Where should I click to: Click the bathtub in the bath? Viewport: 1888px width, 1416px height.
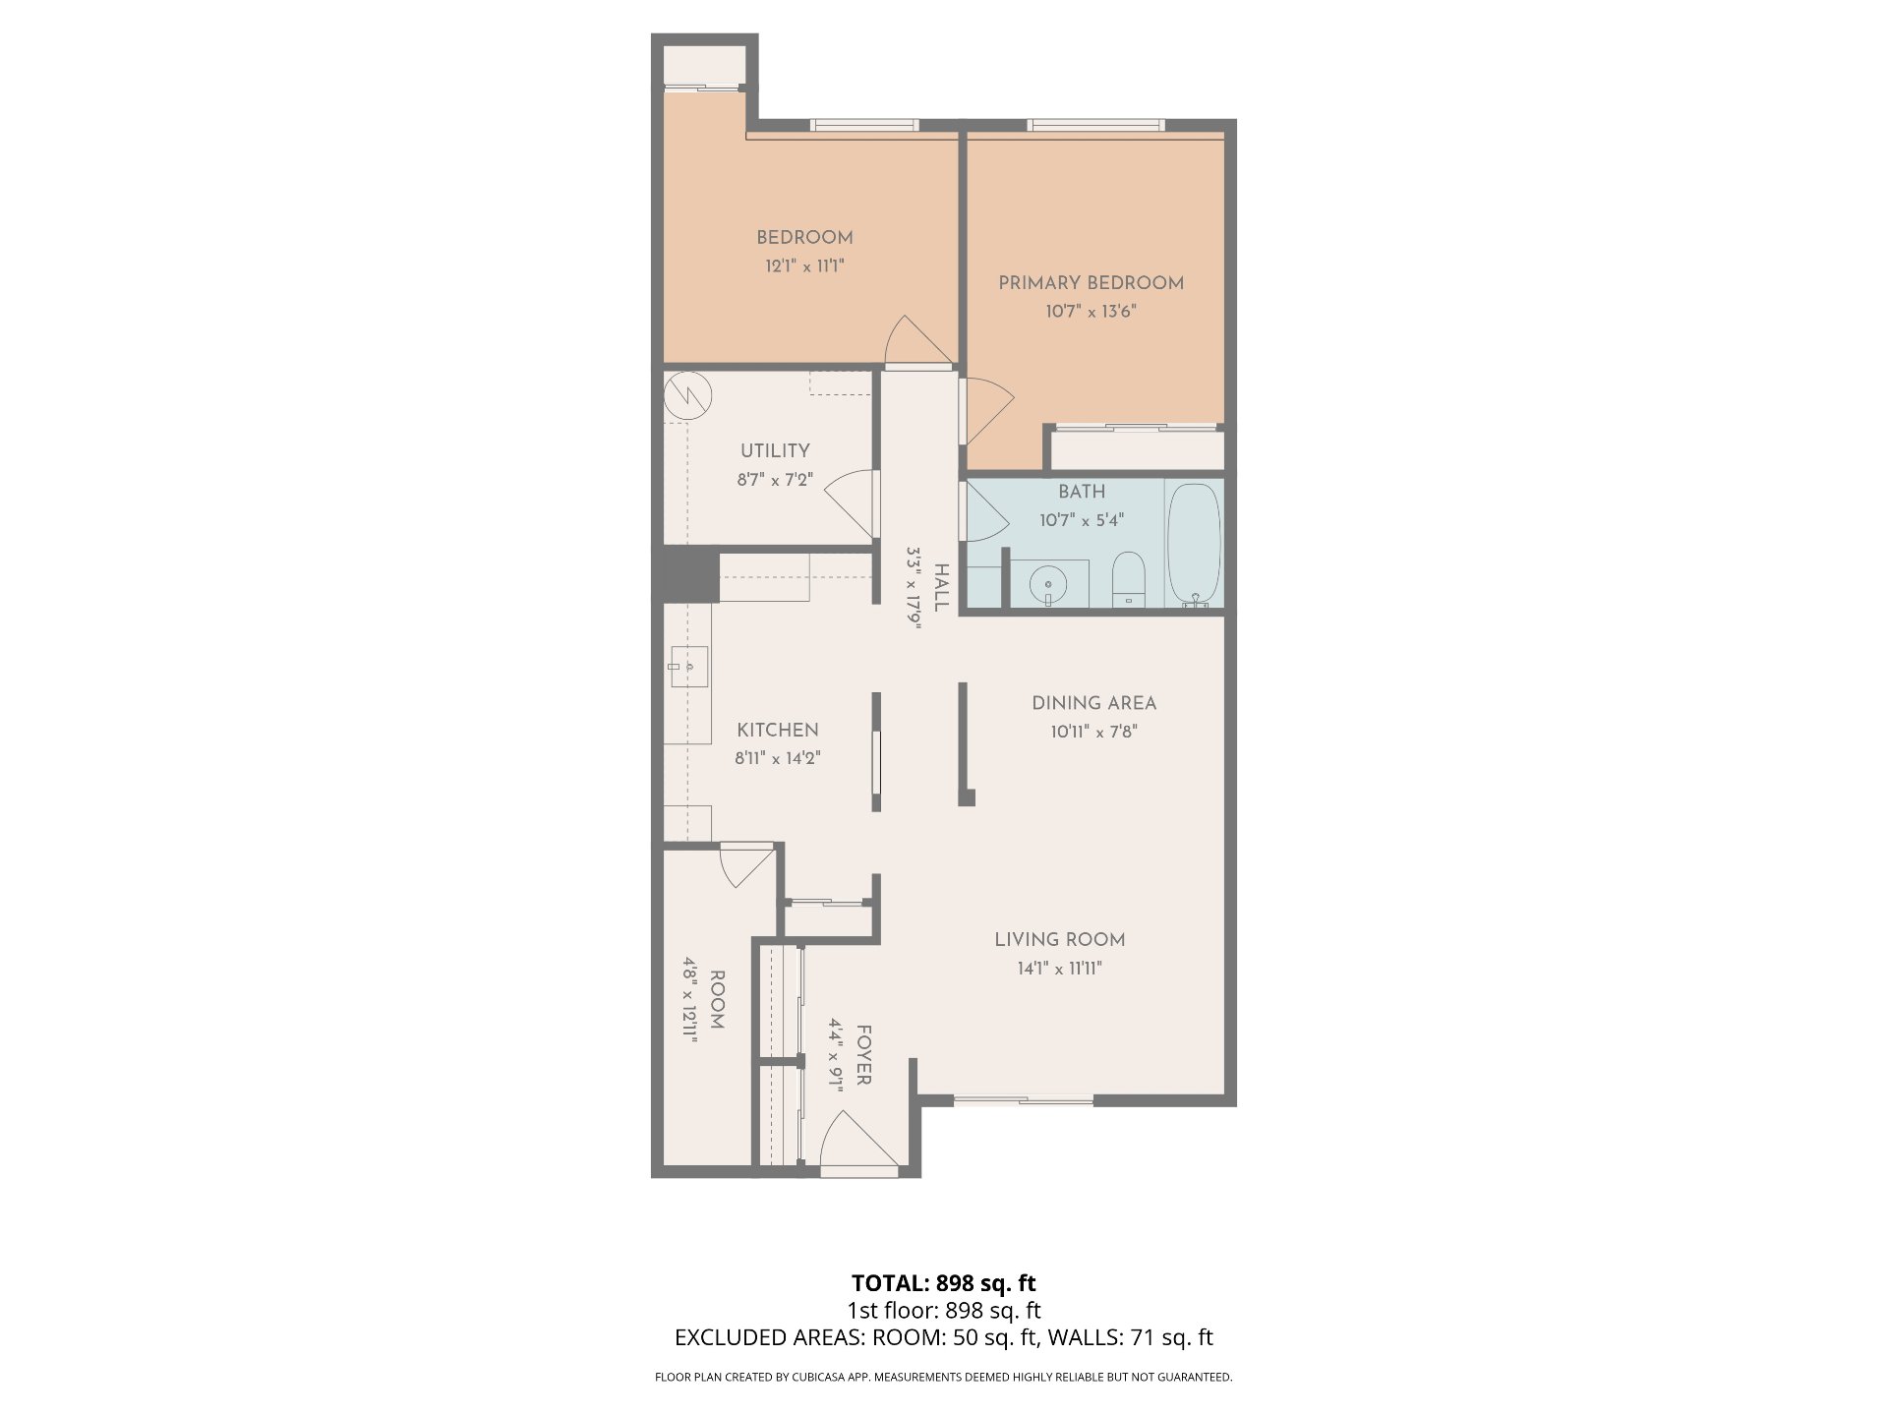(x=1194, y=544)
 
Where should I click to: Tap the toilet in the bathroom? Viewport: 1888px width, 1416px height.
(x=1128, y=579)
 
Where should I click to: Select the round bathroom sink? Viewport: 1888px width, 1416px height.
(x=1049, y=585)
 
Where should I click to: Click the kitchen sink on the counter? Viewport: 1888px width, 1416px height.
(x=689, y=667)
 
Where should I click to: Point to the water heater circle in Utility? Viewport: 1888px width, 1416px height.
(x=687, y=396)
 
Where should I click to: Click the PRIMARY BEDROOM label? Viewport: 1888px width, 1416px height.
(x=1091, y=283)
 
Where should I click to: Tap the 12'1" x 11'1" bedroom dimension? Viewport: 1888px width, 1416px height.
(x=804, y=265)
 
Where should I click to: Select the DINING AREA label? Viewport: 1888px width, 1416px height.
(x=1093, y=703)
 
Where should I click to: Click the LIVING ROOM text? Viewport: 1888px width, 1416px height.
(x=1059, y=940)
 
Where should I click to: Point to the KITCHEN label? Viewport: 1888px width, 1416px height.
(x=778, y=730)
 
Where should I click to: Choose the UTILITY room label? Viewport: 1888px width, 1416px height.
(x=775, y=450)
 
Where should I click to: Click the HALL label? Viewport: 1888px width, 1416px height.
(x=941, y=588)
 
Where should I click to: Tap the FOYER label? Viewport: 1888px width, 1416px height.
(x=863, y=1055)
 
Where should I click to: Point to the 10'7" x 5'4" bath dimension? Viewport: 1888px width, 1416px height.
(x=1082, y=519)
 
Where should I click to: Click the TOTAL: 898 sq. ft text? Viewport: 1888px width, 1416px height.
(x=943, y=1283)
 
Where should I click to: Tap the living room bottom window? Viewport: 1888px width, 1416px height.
(x=1023, y=1099)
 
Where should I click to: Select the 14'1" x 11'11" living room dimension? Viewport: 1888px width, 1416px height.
(x=1059, y=969)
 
